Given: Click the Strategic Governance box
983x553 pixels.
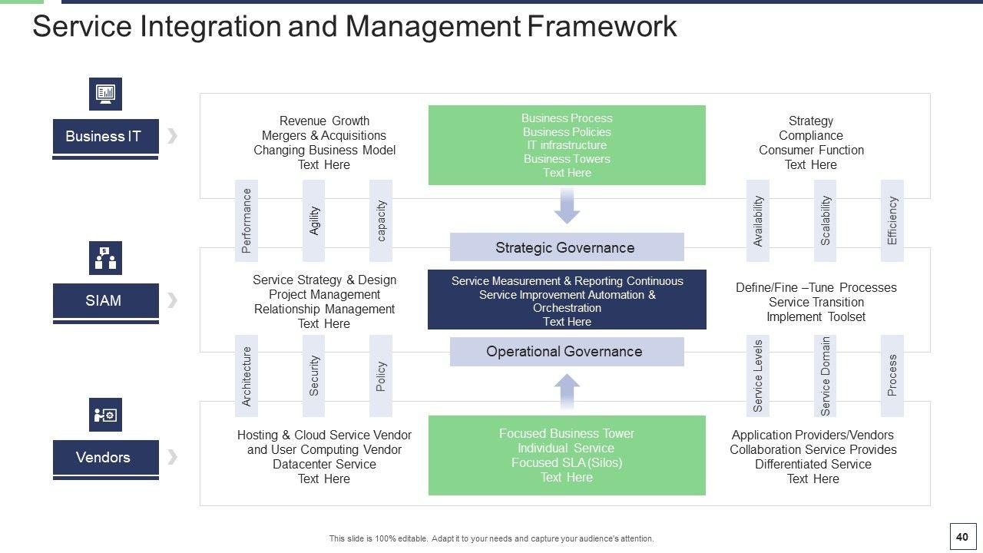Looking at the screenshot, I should point(566,247).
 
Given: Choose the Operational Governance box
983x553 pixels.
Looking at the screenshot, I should point(566,352).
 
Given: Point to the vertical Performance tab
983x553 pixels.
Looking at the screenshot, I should point(247,220).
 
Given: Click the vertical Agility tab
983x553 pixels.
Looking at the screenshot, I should point(314,220).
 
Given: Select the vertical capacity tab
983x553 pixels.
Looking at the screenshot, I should point(381,220).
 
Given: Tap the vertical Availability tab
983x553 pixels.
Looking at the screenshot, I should point(758,220).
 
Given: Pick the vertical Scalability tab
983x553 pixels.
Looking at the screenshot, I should point(825,220).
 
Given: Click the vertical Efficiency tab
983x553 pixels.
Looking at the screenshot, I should point(892,220).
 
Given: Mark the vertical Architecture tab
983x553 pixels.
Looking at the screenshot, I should point(247,376).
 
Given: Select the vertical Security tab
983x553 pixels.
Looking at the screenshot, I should point(314,376).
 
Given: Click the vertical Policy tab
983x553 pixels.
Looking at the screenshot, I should point(381,376).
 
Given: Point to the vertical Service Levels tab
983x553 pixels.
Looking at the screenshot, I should point(758,376).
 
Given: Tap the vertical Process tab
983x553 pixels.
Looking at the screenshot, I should point(892,376).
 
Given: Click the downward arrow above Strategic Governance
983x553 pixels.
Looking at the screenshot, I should point(567,207).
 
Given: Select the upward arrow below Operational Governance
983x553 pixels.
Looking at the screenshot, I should point(567,392).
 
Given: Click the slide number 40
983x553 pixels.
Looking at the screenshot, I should point(961,537).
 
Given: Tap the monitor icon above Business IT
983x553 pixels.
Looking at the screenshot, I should point(105,94).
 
